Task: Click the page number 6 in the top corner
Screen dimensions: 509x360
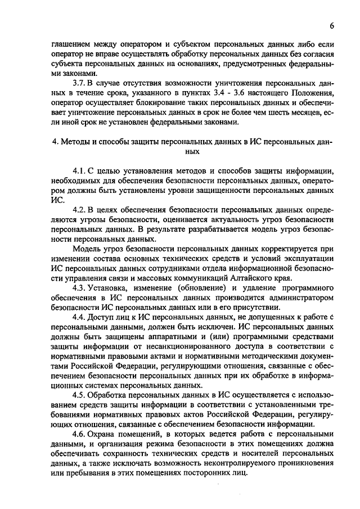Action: pos(332,26)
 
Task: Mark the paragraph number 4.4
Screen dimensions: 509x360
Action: pos(80,317)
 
